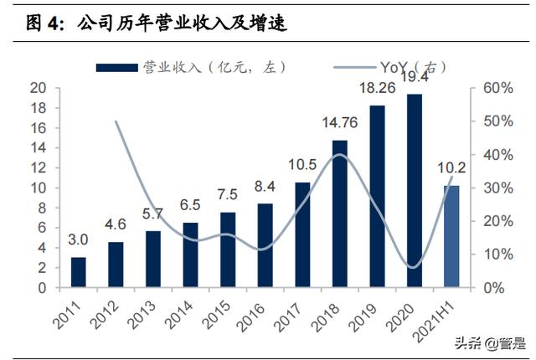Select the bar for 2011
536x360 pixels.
click(78, 272)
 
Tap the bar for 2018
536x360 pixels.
click(339, 213)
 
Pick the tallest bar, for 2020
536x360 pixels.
click(415, 191)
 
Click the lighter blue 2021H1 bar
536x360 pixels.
click(451, 236)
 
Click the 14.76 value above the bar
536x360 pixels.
click(339, 124)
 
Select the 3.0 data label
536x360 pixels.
click(78, 241)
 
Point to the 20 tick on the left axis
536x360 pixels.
click(38, 88)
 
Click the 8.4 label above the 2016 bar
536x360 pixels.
click(265, 187)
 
